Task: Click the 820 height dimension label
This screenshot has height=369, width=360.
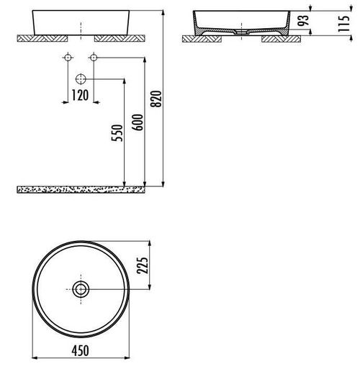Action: click(x=156, y=99)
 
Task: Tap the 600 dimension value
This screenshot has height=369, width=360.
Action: click(x=138, y=122)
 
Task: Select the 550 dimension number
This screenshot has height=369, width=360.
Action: click(x=117, y=133)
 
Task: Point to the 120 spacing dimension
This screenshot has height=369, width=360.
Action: click(x=81, y=95)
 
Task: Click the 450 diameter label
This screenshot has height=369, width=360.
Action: click(x=81, y=350)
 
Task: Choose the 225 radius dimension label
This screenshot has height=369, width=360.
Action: click(x=143, y=265)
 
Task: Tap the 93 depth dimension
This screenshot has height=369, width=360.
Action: click(x=303, y=20)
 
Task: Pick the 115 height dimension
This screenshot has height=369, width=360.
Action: click(x=343, y=23)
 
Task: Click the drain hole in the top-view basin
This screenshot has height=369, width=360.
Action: click(x=81, y=289)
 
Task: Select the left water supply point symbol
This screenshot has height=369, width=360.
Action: click(x=68, y=58)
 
